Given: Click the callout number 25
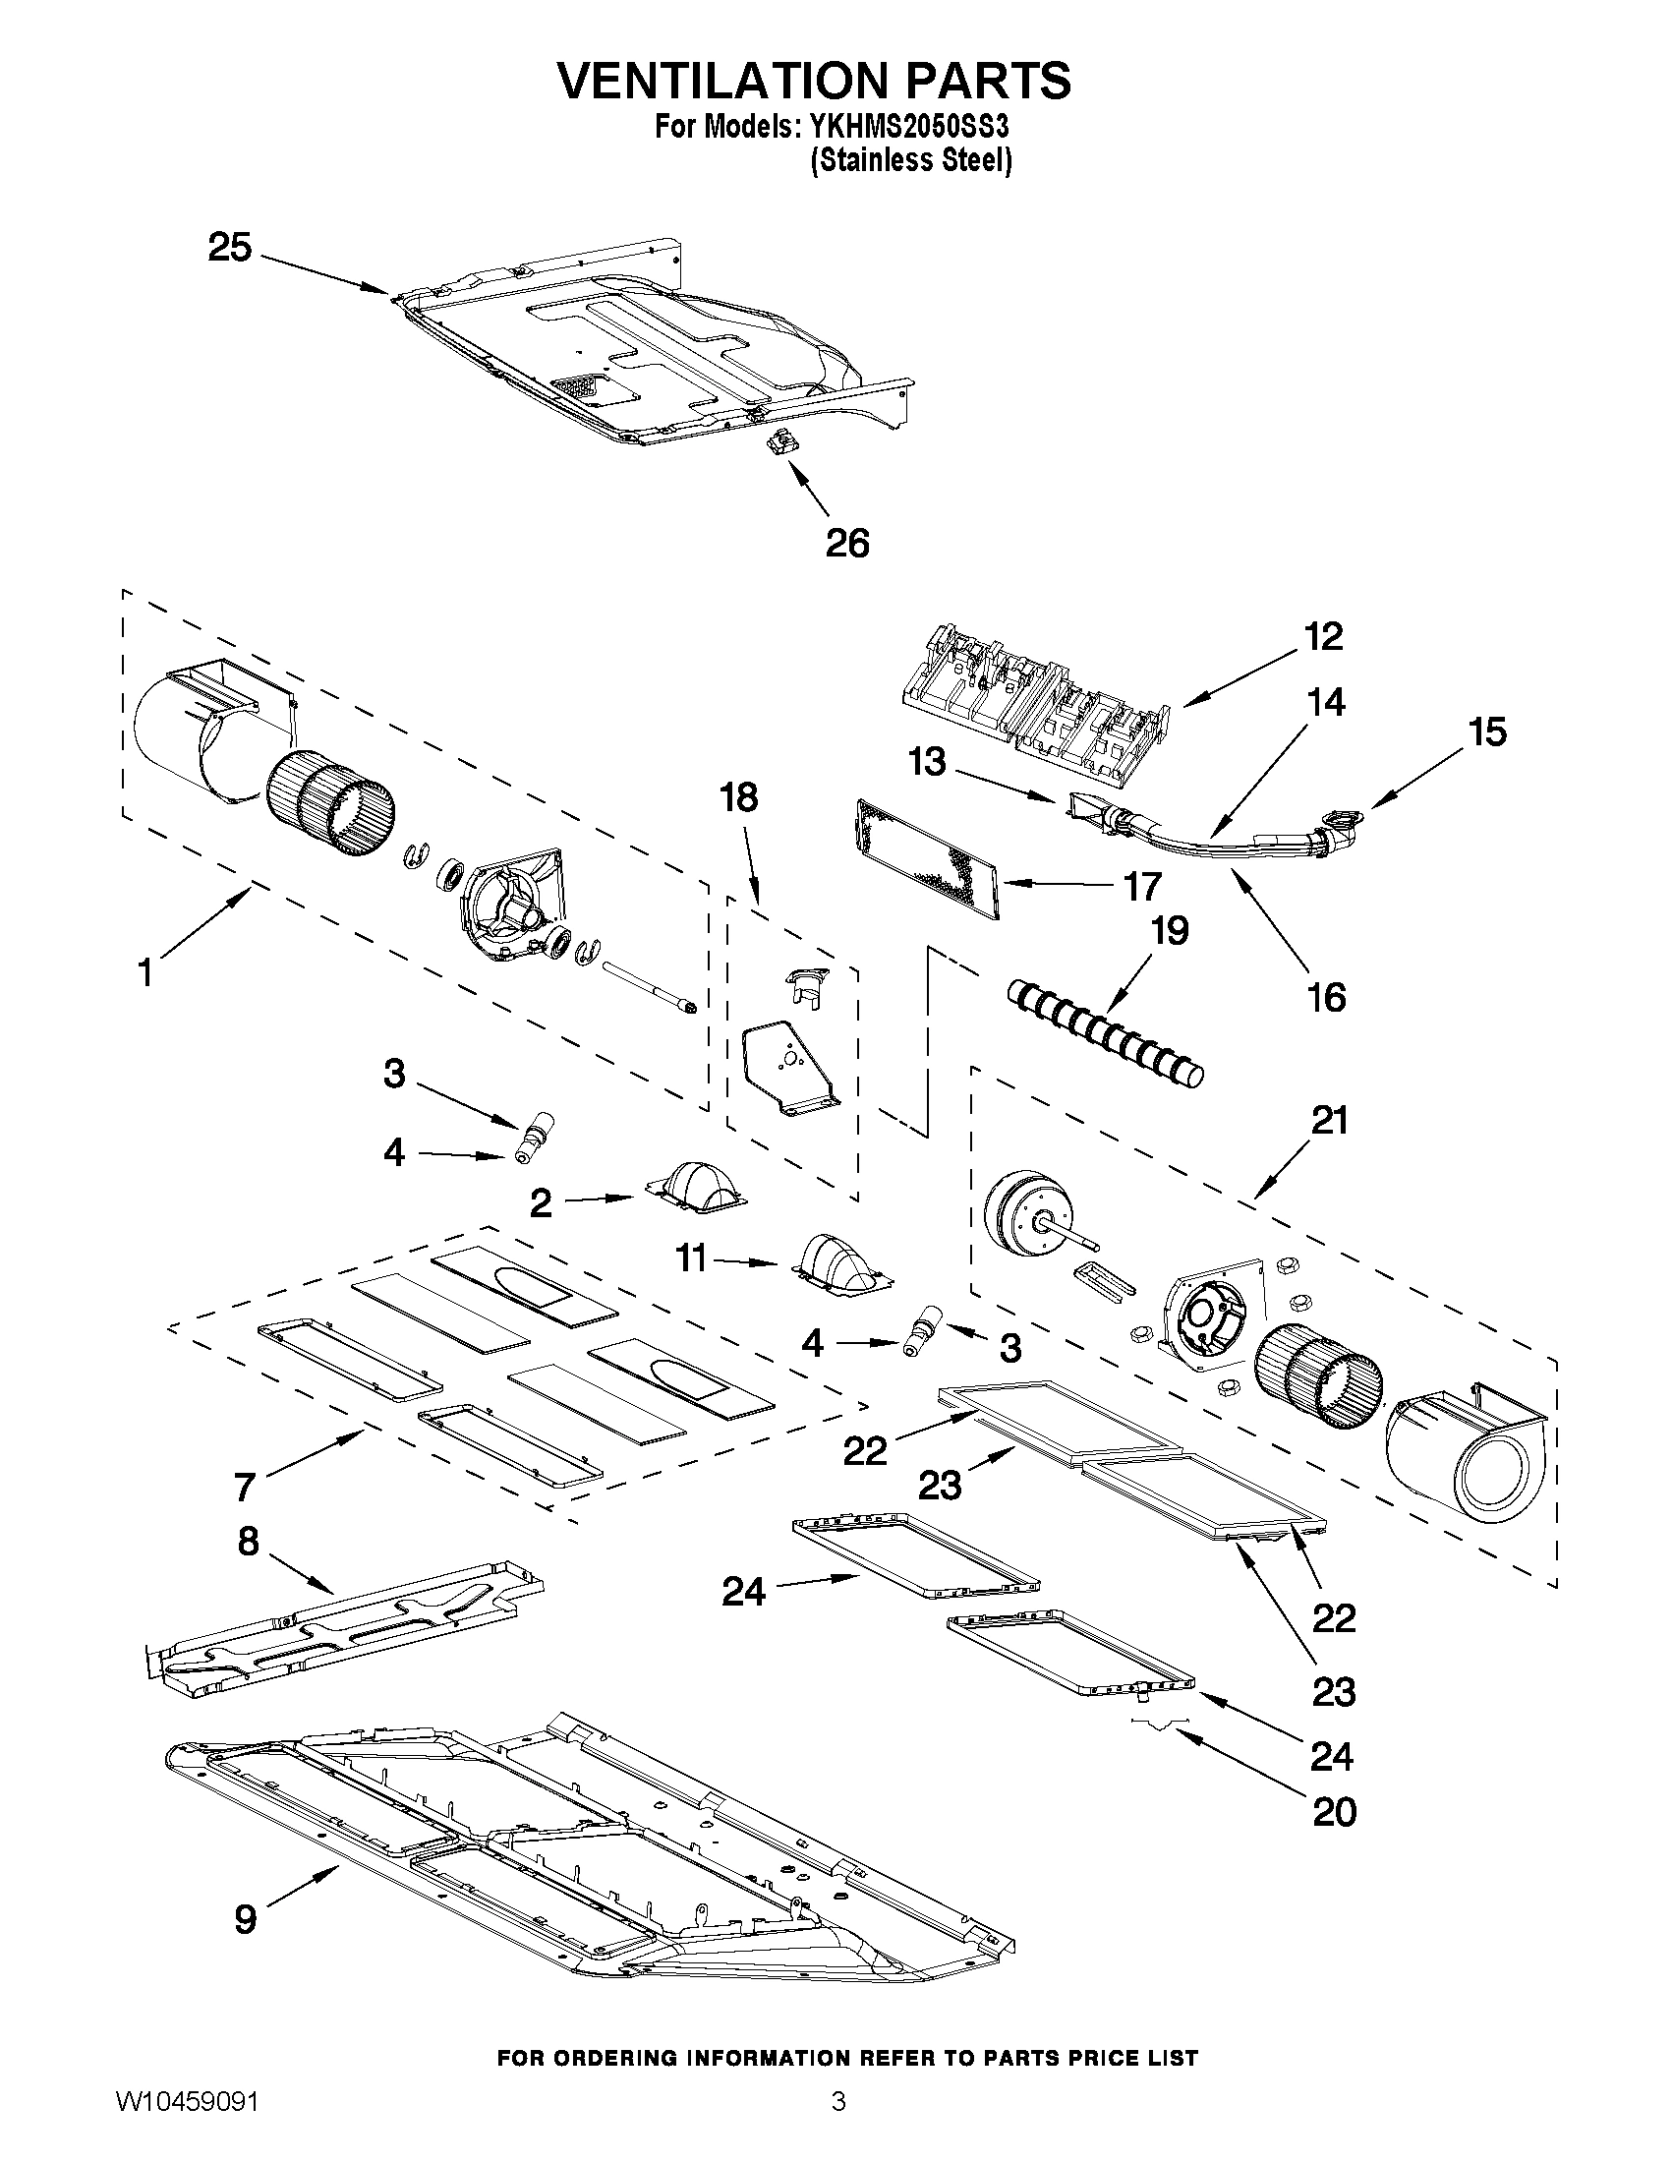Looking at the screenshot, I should pyautogui.click(x=230, y=248).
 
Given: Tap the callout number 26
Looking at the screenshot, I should pyautogui.click(x=847, y=543).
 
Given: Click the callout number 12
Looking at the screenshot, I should pyautogui.click(x=1323, y=636).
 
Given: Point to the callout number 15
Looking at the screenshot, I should pyautogui.click(x=1487, y=732).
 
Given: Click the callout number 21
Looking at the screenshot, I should pyautogui.click(x=1329, y=1121).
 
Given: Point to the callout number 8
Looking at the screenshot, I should pyautogui.click(x=248, y=1541).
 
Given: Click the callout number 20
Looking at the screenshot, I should pyautogui.click(x=1333, y=1812).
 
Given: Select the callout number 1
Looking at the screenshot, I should pyautogui.click(x=145, y=973).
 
